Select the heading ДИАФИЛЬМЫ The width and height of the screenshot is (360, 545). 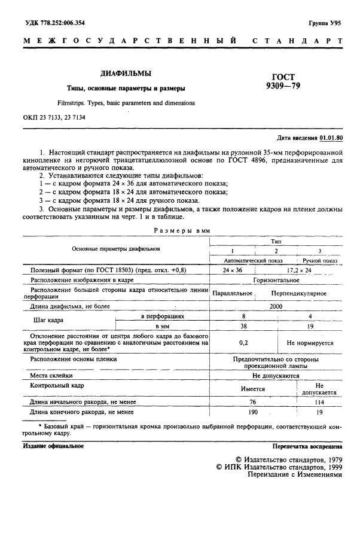(125, 74)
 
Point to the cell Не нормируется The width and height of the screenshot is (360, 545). (309, 343)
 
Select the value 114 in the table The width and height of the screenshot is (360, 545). (319, 402)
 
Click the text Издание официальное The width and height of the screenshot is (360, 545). (53, 446)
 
